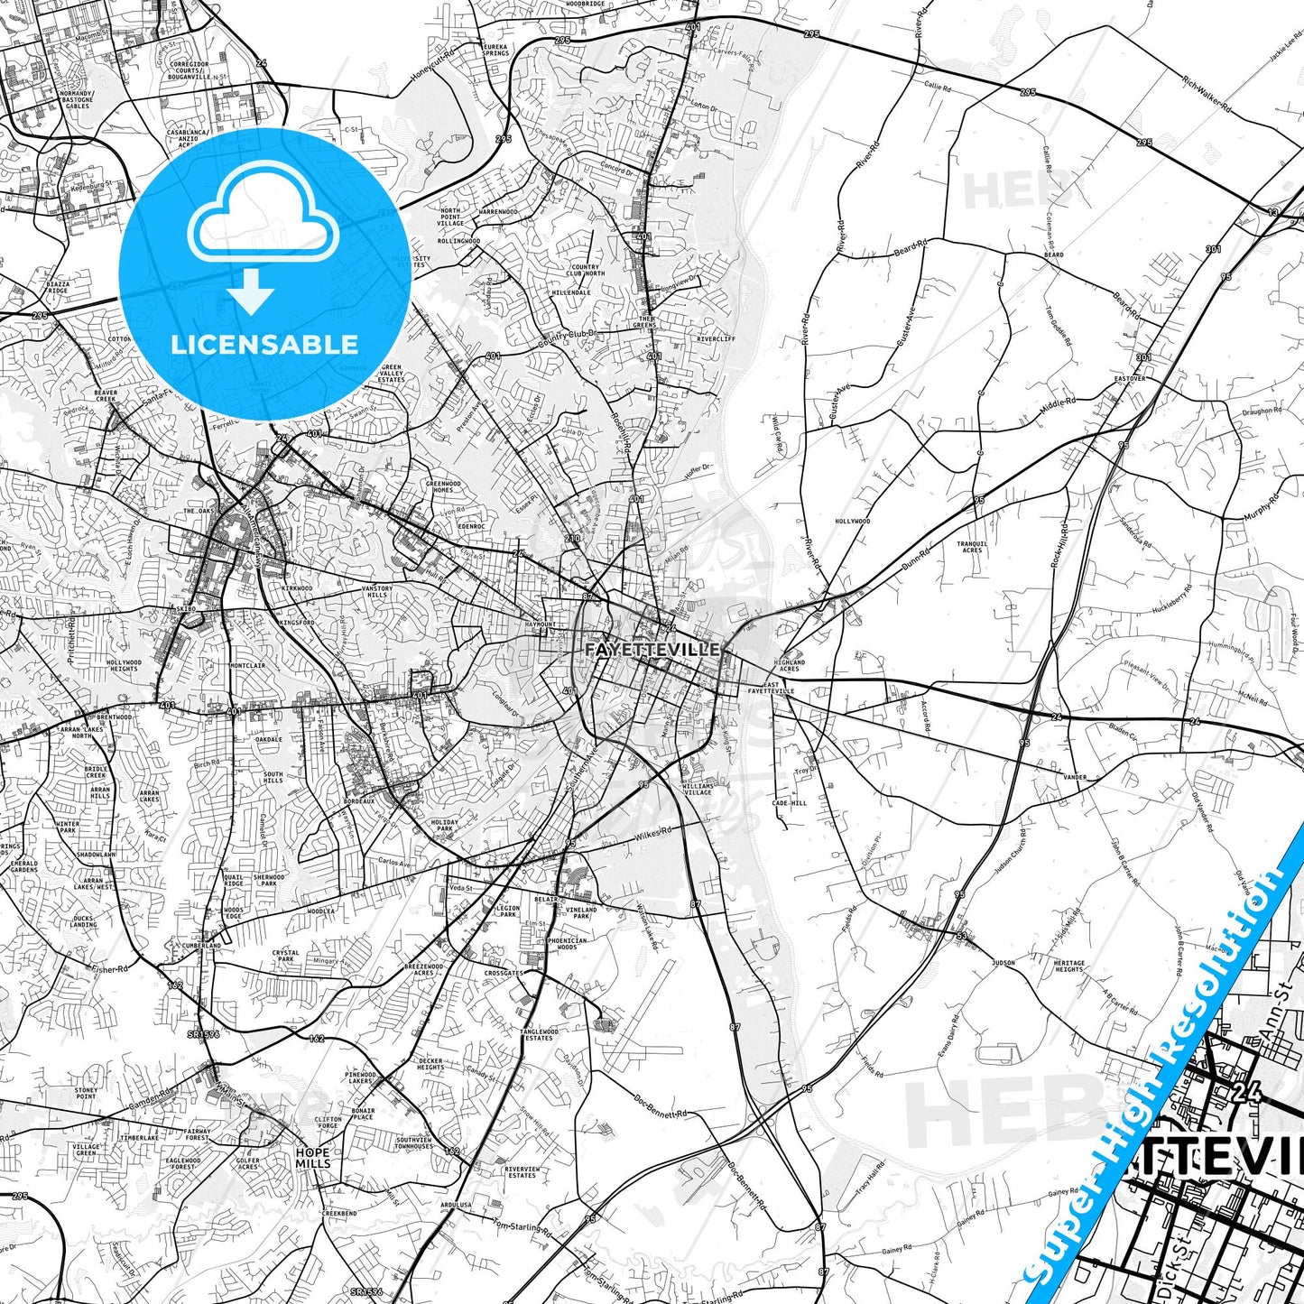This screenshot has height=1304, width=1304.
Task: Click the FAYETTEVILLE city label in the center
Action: (652, 649)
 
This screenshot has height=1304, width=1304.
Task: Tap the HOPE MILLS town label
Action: (312, 1158)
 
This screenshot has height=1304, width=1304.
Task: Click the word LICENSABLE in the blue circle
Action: (264, 344)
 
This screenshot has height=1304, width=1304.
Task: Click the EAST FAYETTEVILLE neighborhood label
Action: (771, 689)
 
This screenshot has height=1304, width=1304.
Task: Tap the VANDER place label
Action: (1074, 777)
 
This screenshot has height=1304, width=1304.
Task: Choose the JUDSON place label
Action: (1003, 963)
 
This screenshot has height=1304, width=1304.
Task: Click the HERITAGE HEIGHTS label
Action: (1069, 966)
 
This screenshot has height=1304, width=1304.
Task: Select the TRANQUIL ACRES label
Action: (972, 547)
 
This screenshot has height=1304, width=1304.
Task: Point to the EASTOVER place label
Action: (1130, 378)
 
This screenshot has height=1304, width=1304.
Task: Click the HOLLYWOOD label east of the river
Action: (852, 522)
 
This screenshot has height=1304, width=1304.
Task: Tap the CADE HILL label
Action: (790, 803)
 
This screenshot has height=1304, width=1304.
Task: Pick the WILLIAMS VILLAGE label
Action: (698, 789)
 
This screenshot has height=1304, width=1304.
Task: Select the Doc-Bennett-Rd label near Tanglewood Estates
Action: (661, 1107)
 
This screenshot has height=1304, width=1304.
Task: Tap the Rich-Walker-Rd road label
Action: (1206, 95)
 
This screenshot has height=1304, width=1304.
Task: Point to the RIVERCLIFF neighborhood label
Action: (716, 339)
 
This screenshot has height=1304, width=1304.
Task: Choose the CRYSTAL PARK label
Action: (286, 956)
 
